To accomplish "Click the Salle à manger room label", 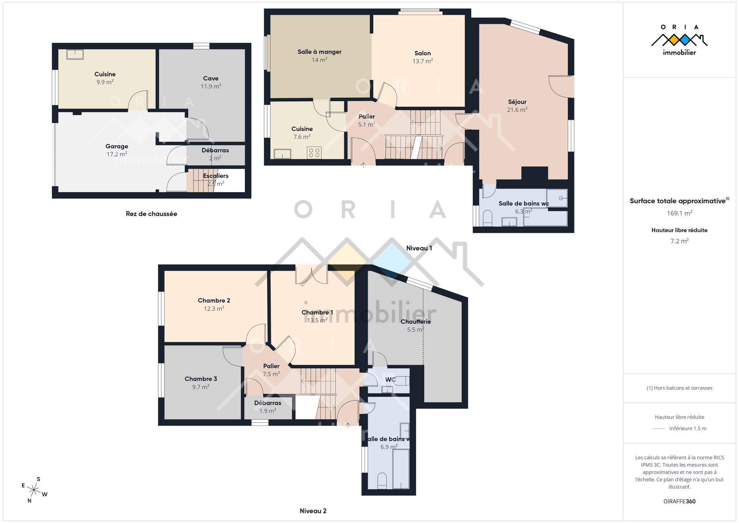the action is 320,52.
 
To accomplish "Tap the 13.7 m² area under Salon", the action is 423,61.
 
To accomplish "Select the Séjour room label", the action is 517,102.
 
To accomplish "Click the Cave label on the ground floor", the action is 211,78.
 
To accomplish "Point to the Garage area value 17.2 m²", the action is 117,154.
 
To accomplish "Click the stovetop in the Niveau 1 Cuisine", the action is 314,153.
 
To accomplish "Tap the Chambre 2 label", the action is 214,301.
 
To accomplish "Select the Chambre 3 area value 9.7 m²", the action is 201,387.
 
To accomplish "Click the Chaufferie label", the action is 415,322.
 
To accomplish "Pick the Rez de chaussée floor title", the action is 151,214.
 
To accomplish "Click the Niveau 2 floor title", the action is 313,511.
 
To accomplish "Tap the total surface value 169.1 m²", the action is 679,213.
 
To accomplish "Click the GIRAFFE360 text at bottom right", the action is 679,502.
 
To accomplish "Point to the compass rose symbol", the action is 34,490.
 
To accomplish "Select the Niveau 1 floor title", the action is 419,248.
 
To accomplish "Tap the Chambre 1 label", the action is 317,313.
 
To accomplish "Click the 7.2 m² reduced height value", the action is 679,241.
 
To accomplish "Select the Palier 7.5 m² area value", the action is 271,374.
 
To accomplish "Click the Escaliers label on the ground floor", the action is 216,176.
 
